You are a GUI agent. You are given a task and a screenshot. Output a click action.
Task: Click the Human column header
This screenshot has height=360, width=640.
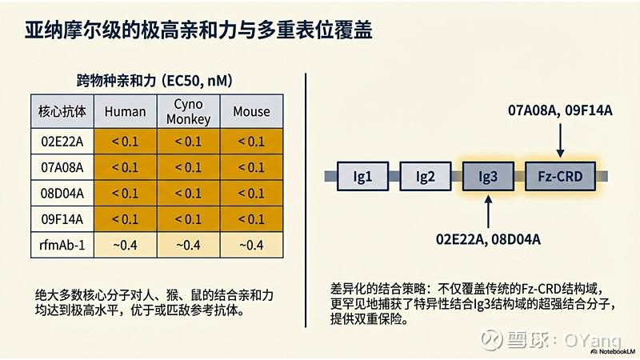tap(125, 112)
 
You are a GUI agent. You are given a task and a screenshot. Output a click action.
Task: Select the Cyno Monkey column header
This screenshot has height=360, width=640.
tap(188, 112)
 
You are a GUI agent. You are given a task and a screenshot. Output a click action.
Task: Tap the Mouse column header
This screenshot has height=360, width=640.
tap(251, 112)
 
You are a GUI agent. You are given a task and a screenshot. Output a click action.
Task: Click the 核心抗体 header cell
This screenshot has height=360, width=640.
tap(62, 112)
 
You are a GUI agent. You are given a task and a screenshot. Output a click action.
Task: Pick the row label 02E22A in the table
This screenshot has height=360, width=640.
tap(62, 142)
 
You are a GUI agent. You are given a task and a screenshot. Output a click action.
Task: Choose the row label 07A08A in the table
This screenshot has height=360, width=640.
tap(62, 167)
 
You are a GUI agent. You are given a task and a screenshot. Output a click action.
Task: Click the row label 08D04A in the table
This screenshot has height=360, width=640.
tap(62, 193)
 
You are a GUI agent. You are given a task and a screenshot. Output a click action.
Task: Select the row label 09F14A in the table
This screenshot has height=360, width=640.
tap(62, 218)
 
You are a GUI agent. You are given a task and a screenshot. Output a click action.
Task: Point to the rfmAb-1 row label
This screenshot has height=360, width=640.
tap(62, 244)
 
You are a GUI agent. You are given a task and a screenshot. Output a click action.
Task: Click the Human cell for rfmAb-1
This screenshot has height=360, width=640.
tap(125, 244)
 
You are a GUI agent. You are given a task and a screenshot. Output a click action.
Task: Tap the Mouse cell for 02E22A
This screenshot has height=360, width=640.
tap(251, 142)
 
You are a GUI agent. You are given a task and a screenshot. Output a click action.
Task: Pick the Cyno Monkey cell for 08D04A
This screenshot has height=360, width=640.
tap(188, 193)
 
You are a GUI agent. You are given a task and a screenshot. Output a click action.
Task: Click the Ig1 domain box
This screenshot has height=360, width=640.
tap(362, 175)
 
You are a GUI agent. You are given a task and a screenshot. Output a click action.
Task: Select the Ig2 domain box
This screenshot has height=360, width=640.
tap(424, 175)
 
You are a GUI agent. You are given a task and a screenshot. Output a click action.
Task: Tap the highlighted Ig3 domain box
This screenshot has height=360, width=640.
tap(488, 175)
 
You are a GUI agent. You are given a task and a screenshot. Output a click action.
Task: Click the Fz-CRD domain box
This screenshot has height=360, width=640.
tap(560, 175)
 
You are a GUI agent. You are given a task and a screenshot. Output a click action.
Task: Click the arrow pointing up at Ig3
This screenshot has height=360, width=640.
tap(488, 210)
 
